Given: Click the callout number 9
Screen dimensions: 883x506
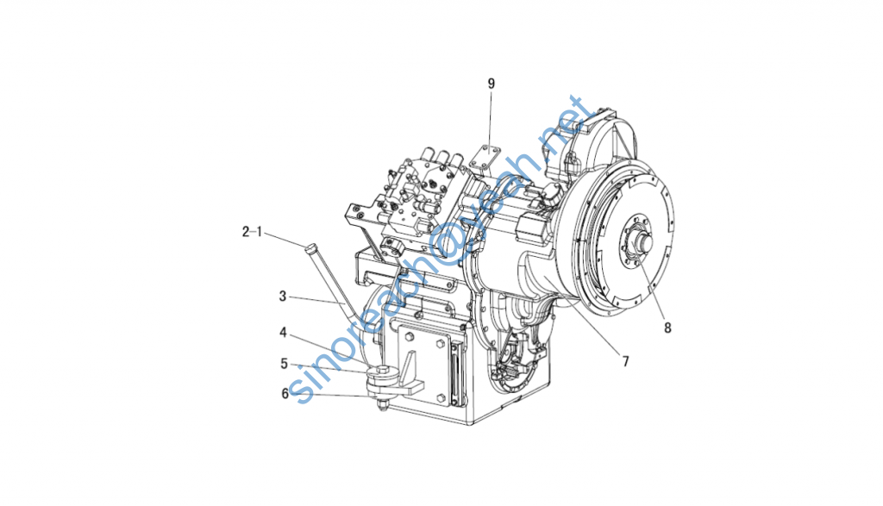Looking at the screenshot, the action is click(491, 84).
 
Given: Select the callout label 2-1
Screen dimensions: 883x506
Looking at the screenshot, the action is click(253, 231).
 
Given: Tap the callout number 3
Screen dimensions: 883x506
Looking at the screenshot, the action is click(283, 296).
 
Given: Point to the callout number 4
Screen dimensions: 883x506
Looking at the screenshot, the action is click(283, 333).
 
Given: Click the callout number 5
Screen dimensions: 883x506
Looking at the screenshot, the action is click(285, 364).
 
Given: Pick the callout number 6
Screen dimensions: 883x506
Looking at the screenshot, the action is click(285, 393).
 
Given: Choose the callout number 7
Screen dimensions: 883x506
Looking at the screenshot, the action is click(625, 361).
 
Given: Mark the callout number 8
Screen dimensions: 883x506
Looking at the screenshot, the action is click(667, 327).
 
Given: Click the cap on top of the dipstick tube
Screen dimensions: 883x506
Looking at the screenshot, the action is click(310, 247).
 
